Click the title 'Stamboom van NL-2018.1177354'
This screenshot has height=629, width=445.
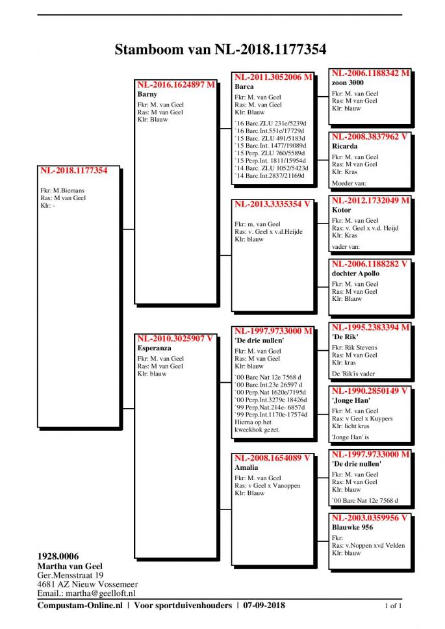[x=220, y=49]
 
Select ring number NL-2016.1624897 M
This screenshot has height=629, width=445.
[x=175, y=84]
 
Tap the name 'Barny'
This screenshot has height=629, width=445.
[x=147, y=94]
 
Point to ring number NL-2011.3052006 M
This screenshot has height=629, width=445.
[x=273, y=77]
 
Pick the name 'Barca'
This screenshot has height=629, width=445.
[x=244, y=86]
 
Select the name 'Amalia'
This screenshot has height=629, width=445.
[x=246, y=467]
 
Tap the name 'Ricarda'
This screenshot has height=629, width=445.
[x=345, y=146]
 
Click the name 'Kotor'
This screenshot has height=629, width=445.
[x=342, y=210]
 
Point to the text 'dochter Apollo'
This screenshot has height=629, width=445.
[x=355, y=274]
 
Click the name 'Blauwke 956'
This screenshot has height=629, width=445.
[x=351, y=528]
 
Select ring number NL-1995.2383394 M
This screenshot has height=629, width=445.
[x=370, y=327]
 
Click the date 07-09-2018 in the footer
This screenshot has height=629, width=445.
[x=264, y=606]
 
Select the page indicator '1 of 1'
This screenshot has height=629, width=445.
[x=394, y=606]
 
